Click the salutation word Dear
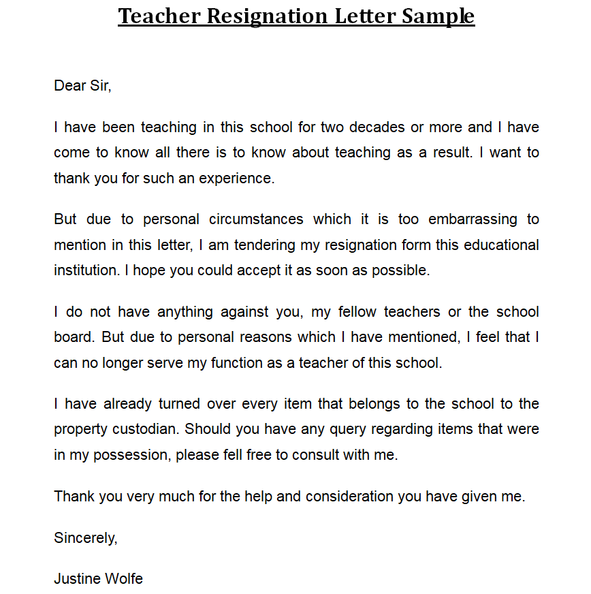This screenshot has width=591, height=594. (69, 86)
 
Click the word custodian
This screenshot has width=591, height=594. (146, 430)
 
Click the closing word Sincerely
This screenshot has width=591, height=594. (86, 537)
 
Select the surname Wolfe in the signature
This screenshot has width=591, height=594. (124, 579)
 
